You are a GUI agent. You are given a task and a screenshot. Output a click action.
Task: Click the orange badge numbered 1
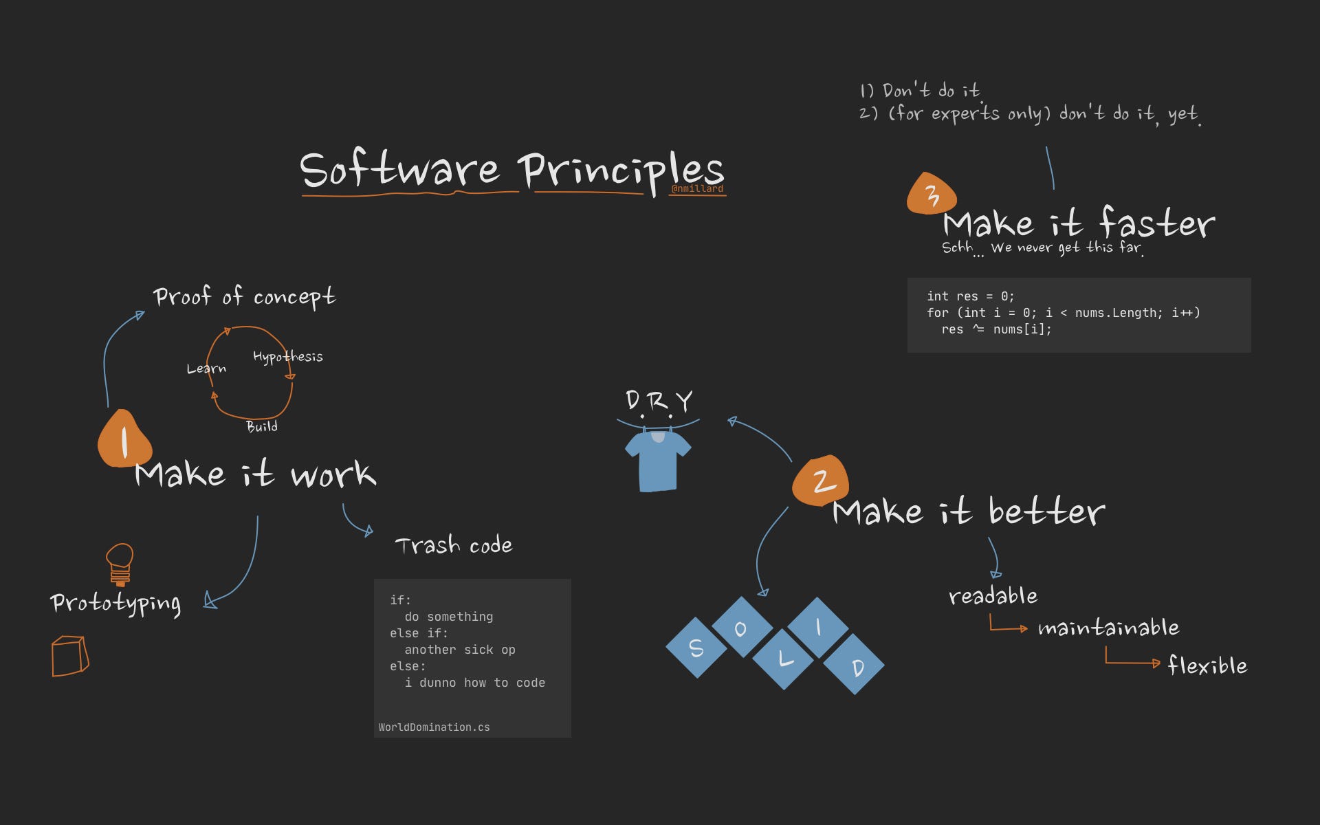(124, 440)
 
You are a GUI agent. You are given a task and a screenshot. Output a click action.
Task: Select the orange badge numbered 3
(932, 195)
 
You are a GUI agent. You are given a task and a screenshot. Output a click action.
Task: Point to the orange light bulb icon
(120, 563)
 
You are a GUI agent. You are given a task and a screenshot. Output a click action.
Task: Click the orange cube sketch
(69, 656)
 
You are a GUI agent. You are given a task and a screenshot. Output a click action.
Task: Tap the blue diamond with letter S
(696, 648)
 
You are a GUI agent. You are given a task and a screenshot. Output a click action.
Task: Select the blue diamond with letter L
(783, 659)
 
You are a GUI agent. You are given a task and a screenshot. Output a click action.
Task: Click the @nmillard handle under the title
(697, 189)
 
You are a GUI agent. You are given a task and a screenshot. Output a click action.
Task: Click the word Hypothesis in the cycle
(287, 357)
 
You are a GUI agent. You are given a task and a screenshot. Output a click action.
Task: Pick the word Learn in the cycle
(206, 368)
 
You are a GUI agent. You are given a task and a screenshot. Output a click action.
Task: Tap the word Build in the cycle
(262, 427)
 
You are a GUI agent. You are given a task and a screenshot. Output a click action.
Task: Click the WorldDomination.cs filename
(434, 727)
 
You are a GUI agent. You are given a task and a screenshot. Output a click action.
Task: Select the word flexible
(1207, 665)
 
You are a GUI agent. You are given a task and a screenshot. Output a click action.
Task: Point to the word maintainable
(1108, 628)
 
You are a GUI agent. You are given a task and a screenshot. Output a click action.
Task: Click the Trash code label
(454, 545)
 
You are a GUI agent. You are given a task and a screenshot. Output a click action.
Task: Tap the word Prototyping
(115, 604)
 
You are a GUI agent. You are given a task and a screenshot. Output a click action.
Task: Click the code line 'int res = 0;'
(970, 296)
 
